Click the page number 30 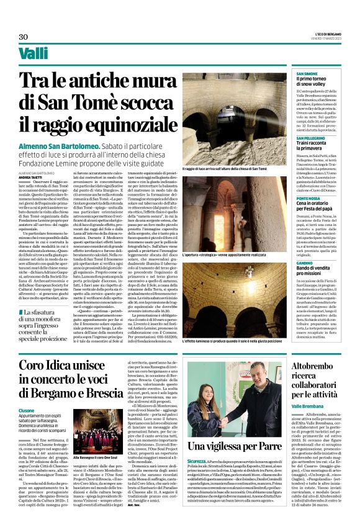24,37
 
